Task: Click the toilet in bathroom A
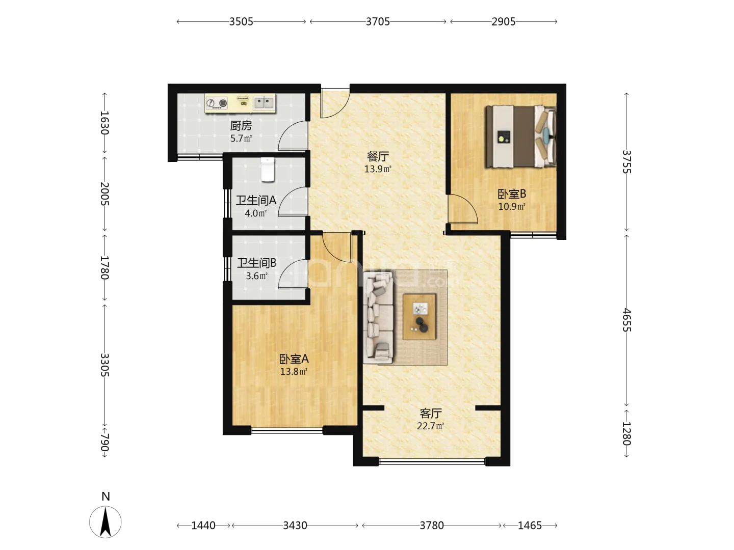(x=268, y=170)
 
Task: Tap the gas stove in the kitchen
(x=216, y=103)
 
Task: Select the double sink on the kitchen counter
(x=264, y=102)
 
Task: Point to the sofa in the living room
(x=378, y=318)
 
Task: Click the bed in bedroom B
(x=520, y=136)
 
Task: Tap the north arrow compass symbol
(x=106, y=521)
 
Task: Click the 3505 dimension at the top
(x=241, y=22)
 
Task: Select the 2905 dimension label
(x=503, y=22)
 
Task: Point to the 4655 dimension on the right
(x=626, y=320)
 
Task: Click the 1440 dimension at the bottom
(x=203, y=525)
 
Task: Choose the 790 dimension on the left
(x=104, y=442)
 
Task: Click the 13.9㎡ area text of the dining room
(x=378, y=169)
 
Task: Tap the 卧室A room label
(x=294, y=359)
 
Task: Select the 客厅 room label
(x=431, y=414)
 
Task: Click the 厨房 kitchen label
(x=241, y=126)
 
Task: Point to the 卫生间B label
(x=257, y=263)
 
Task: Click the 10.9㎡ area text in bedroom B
(x=512, y=207)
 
